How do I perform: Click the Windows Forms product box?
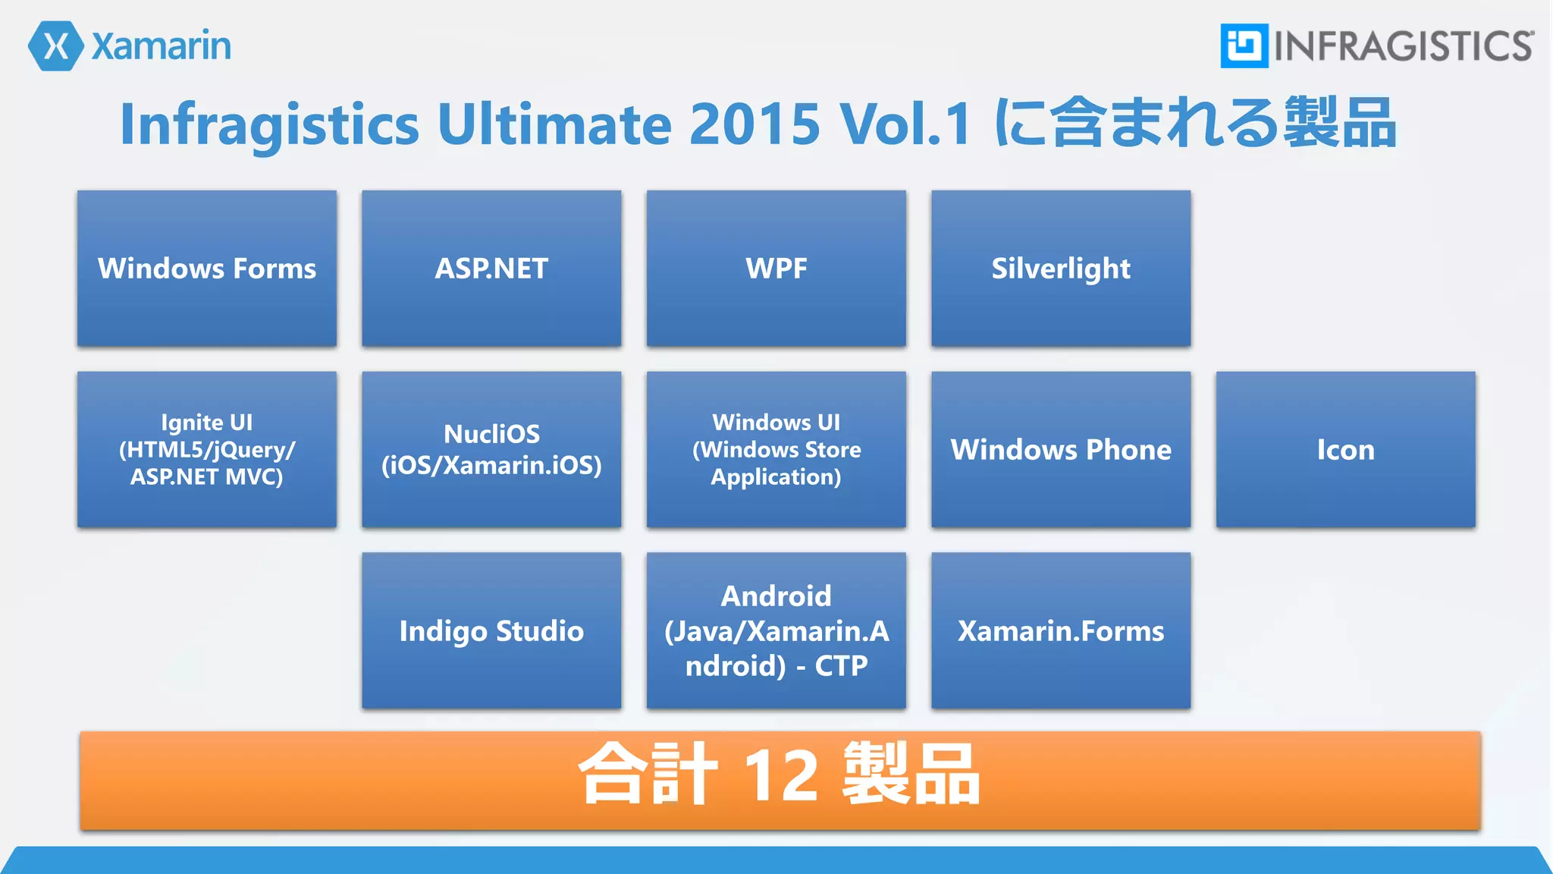point(207,269)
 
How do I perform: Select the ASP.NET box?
point(491,269)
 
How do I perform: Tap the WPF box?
point(776,269)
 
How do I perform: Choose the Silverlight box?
point(1061,269)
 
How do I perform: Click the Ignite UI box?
point(207,449)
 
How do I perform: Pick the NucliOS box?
point(491,449)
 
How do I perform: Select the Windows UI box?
point(776,449)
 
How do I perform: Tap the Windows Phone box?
point(1061,449)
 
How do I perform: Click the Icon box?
point(1345,449)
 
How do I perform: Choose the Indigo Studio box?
point(491,630)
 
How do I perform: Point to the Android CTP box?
point(776,630)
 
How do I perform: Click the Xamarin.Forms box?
point(1061,630)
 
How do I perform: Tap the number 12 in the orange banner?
point(780,775)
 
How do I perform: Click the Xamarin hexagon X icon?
point(55,46)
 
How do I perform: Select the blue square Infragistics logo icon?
point(1244,46)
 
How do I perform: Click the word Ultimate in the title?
point(554,124)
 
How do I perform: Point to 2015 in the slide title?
point(755,124)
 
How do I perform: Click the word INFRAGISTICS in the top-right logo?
point(1403,46)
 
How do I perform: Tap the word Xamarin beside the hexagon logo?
point(162,46)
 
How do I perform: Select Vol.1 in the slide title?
point(905,124)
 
